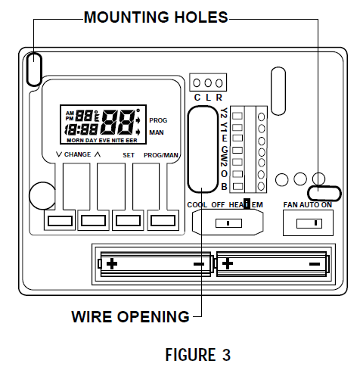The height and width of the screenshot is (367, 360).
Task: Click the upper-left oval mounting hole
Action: (34, 69)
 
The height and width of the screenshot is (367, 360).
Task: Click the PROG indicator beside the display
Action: (158, 120)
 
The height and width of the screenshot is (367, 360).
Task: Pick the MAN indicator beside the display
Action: (157, 132)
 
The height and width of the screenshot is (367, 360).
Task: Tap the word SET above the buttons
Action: (128, 154)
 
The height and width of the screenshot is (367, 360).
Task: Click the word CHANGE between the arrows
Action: (77, 154)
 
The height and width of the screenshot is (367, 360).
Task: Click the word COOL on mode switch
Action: (197, 205)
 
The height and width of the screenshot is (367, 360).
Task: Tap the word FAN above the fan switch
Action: (290, 205)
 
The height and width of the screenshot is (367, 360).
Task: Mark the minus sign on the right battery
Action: (315, 263)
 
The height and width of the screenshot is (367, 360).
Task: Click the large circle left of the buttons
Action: (42, 195)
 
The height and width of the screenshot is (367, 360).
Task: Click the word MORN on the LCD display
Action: (75, 142)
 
